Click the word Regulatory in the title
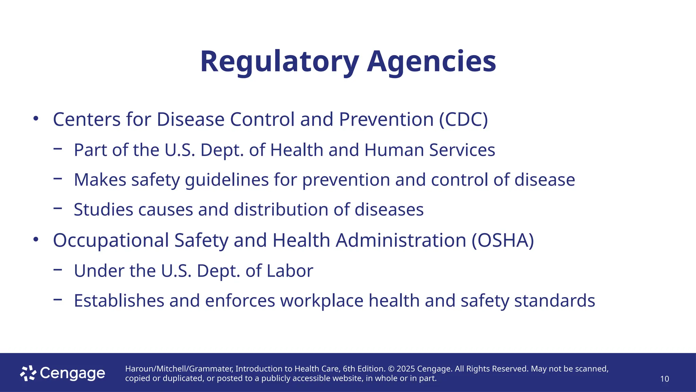pyautogui.click(x=279, y=62)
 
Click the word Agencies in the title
pyautogui.click(x=431, y=62)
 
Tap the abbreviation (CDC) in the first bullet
pyautogui.click(x=463, y=119)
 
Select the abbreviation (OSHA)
pyautogui.click(x=503, y=240)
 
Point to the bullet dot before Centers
pyautogui.click(x=36, y=119)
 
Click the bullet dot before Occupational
pyautogui.click(x=36, y=240)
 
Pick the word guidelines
pyautogui.click(x=227, y=180)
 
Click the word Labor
pyautogui.click(x=290, y=271)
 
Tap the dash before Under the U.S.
pyautogui.click(x=58, y=270)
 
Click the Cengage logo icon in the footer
pyautogui.click(x=28, y=373)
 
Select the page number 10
pyautogui.click(x=664, y=379)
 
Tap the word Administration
pyautogui.click(x=401, y=240)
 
